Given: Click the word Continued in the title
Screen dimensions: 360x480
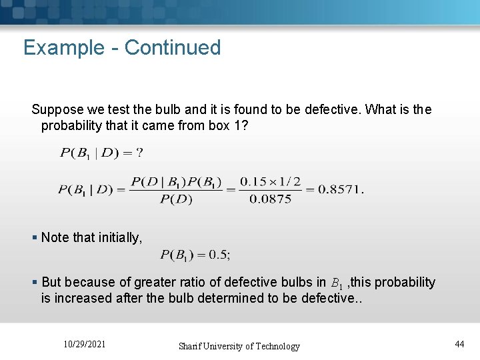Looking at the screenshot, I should coord(172,48).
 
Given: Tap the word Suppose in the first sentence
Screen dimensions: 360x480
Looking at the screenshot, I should coord(57,109).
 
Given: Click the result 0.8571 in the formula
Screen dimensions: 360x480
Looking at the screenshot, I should coord(339,189).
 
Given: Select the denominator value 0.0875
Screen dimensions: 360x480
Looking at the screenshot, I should coord(270,199).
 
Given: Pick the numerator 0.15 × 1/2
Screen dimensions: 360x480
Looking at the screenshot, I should coord(270,181).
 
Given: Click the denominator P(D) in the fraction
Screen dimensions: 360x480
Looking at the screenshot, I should coord(176,199).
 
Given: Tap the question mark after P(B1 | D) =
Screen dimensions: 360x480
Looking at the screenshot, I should coord(139,153).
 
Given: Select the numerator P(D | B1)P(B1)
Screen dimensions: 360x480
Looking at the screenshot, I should coord(176,181).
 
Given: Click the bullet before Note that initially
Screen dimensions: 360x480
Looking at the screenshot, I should coord(35,237).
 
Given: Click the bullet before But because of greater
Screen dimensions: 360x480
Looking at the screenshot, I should coord(35,283).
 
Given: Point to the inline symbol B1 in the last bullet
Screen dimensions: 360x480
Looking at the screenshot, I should coord(337,283).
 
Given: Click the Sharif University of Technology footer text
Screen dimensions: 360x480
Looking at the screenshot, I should coord(239,346).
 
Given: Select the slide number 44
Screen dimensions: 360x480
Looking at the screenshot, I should coord(459,344).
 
